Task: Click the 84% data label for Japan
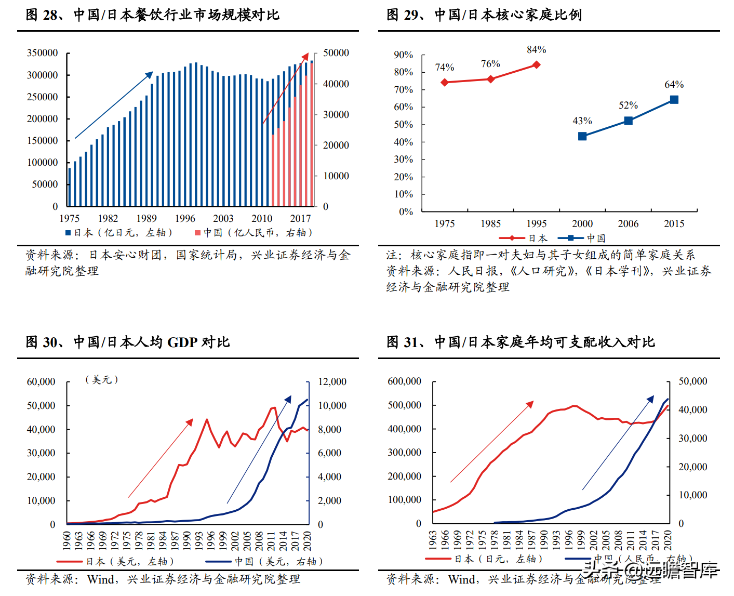point(536,50)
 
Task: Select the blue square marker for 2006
point(628,121)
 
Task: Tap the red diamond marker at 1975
point(445,82)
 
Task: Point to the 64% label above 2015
point(674,85)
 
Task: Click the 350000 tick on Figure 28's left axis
point(42,53)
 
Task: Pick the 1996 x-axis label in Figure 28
point(185,219)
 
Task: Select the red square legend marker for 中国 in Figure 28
point(197,233)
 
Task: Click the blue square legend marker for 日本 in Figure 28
point(68,233)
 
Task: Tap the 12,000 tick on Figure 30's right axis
point(332,382)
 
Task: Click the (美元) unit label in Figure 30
point(102,380)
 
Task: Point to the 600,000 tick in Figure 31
point(404,381)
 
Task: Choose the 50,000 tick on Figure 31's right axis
point(692,381)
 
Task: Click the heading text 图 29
point(402,15)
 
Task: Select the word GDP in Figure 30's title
point(182,342)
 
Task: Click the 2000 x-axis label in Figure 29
point(582,224)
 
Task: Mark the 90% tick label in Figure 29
point(403,55)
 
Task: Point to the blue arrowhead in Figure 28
point(150,74)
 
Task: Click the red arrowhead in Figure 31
point(530,404)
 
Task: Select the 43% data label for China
point(582,121)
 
